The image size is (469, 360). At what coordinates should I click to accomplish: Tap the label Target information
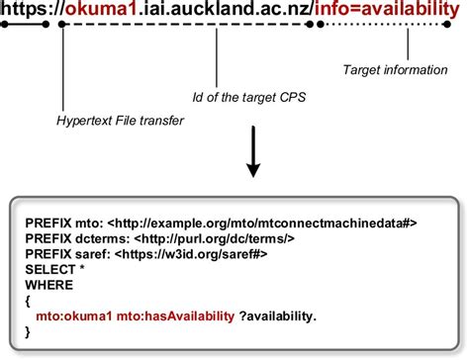point(394,70)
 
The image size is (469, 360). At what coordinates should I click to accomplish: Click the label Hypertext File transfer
point(120,121)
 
